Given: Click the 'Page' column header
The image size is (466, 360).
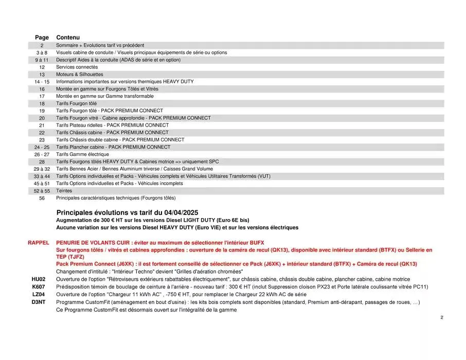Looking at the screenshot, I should [42, 38].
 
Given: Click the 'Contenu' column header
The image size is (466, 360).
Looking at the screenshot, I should [68, 38].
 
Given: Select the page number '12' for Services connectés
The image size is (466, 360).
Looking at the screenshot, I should [42, 67].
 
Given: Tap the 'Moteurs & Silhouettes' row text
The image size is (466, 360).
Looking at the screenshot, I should [80, 74].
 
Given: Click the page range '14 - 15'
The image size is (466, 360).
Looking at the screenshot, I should [42, 82].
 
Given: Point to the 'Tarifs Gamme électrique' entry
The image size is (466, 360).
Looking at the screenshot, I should [82, 154].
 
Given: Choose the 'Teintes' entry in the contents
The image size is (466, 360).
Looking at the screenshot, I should [64, 190].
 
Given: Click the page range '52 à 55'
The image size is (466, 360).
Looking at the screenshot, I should [42, 191].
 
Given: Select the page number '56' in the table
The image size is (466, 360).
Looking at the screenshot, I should [42, 198].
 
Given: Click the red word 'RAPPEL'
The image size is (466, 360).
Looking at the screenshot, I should [39, 242].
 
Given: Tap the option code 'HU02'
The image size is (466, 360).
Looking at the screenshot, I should [39, 279].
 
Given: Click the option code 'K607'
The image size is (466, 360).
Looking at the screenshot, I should [39, 286].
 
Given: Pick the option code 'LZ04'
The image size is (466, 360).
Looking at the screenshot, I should [39, 294].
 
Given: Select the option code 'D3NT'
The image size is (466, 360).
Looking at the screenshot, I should [39, 302].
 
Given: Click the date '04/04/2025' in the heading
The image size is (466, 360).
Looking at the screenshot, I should [182, 212].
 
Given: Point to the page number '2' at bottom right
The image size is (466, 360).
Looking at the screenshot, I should [441, 318].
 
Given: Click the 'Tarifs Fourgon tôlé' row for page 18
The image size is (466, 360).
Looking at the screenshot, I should [76, 103].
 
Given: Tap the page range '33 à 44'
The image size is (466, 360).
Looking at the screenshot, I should [42, 176].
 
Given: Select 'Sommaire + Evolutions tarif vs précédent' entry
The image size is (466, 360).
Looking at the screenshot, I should [100, 45].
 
